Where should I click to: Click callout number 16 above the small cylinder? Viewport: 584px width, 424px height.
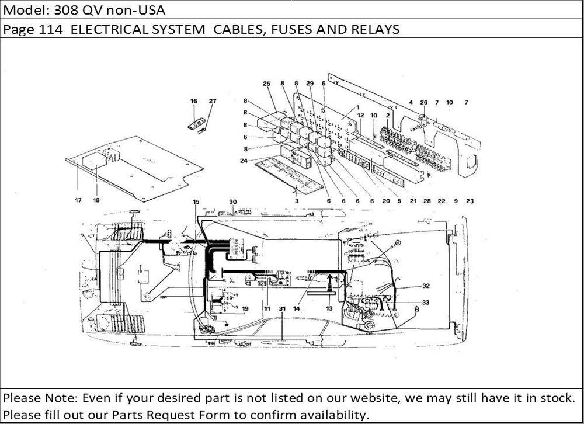tap(194, 101)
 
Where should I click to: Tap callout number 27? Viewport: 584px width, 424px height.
tap(213, 101)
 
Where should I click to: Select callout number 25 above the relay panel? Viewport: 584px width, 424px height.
tap(267, 84)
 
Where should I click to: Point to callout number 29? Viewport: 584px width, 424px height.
tap(310, 84)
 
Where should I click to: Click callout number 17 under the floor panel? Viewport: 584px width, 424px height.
tap(78, 200)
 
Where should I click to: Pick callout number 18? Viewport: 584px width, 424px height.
tap(96, 200)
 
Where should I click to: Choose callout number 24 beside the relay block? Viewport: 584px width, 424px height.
tap(244, 161)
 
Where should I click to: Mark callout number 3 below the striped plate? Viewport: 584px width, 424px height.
tap(297, 201)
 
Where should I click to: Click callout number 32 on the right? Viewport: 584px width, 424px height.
tap(426, 286)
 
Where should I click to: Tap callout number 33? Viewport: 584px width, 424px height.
tap(425, 303)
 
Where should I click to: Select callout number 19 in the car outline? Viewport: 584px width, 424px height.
tap(245, 308)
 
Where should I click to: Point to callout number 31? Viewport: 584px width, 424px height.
tap(282, 308)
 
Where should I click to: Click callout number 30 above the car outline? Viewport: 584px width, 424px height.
tap(233, 202)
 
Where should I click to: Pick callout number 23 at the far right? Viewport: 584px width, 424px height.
tap(470, 201)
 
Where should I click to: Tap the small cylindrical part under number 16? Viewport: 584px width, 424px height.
tap(196, 123)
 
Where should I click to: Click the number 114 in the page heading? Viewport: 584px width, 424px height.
tap(51, 29)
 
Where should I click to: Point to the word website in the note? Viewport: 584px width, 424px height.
tap(374, 398)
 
